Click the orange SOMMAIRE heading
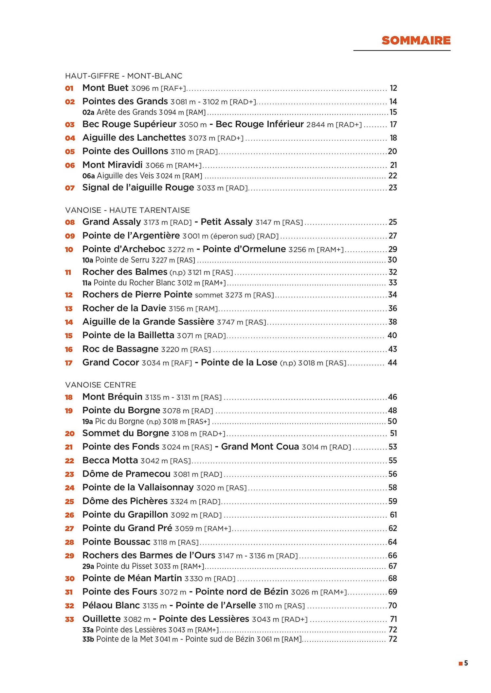[x=416, y=41]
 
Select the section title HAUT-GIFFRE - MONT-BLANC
[x=123, y=76]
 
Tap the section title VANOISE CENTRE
[x=100, y=385]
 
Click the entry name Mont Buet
[x=105, y=88]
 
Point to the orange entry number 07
[x=70, y=188]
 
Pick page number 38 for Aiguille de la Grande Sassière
[x=392, y=322]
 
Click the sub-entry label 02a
[x=88, y=113]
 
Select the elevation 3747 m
[x=230, y=322]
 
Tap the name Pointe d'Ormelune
[x=244, y=249]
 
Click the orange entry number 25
[x=69, y=502]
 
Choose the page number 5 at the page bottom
[x=466, y=663]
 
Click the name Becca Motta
[x=110, y=460]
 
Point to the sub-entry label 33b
[x=88, y=639]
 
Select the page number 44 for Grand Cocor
[x=392, y=363]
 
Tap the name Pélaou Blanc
[x=111, y=605]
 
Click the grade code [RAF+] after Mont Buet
[x=173, y=88]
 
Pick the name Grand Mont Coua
[x=260, y=447]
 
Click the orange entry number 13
[x=69, y=309]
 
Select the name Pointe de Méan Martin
[x=132, y=578]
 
